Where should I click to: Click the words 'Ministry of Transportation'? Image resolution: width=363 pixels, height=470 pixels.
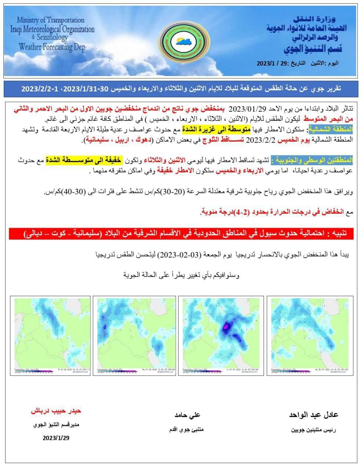coord(50,20)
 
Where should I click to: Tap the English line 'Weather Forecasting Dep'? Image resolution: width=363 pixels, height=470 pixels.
coord(52,47)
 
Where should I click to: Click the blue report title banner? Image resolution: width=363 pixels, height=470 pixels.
coord(181,89)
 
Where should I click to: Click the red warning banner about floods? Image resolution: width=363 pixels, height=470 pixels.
coord(181,234)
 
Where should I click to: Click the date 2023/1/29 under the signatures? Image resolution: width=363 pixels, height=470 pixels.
coord(56,438)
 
